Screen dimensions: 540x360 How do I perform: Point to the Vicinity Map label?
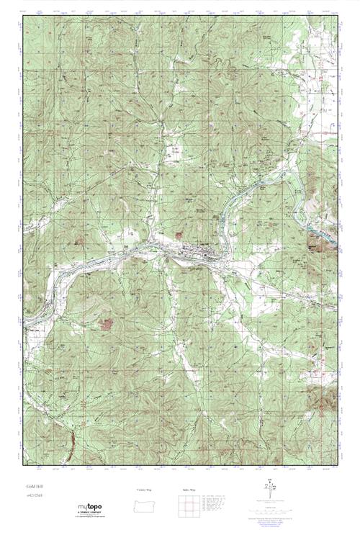pos(146,490)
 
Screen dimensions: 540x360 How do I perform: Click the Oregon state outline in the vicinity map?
pos(146,503)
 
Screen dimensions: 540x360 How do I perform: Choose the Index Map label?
pos(186,490)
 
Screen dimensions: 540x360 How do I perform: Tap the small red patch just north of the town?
pos(179,235)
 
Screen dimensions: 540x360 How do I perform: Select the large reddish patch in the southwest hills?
pos(107,325)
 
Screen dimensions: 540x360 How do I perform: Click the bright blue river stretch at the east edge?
pos(320,233)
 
